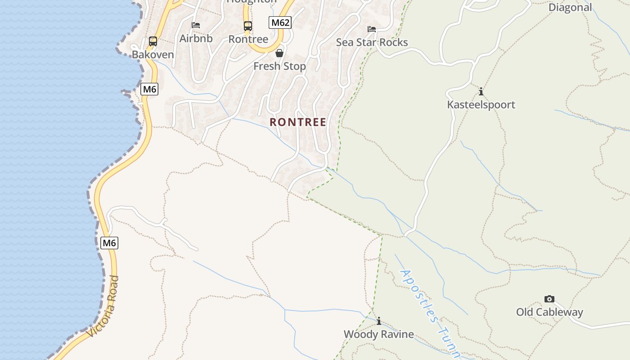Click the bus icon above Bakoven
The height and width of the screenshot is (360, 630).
tap(153, 41)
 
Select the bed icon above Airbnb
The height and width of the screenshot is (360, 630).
tap(196, 25)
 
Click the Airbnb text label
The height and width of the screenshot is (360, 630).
tap(196, 38)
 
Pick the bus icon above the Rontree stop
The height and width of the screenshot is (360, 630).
tap(248, 26)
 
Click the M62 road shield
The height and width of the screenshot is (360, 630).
tap(280, 22)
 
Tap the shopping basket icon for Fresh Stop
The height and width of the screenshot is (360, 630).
tap(279, 53)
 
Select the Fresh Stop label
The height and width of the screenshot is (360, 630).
tap(279, 66)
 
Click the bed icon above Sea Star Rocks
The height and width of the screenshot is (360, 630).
tap(372, 29)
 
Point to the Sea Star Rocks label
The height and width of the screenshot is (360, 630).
tap(372, 42)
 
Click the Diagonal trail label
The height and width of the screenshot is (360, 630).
tap(570, 7)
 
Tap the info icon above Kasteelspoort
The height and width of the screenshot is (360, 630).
tap(481, 92)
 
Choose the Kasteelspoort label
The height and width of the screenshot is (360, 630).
tap(481, 105)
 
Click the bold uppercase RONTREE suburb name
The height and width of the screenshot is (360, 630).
tap(298, 122)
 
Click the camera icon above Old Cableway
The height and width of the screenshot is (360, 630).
tap(549, 299)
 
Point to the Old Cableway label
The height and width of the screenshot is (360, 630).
tap(549, 312)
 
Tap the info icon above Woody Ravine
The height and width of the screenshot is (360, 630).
tap(379, 321)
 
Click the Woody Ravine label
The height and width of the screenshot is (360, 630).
tap(379, 334)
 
